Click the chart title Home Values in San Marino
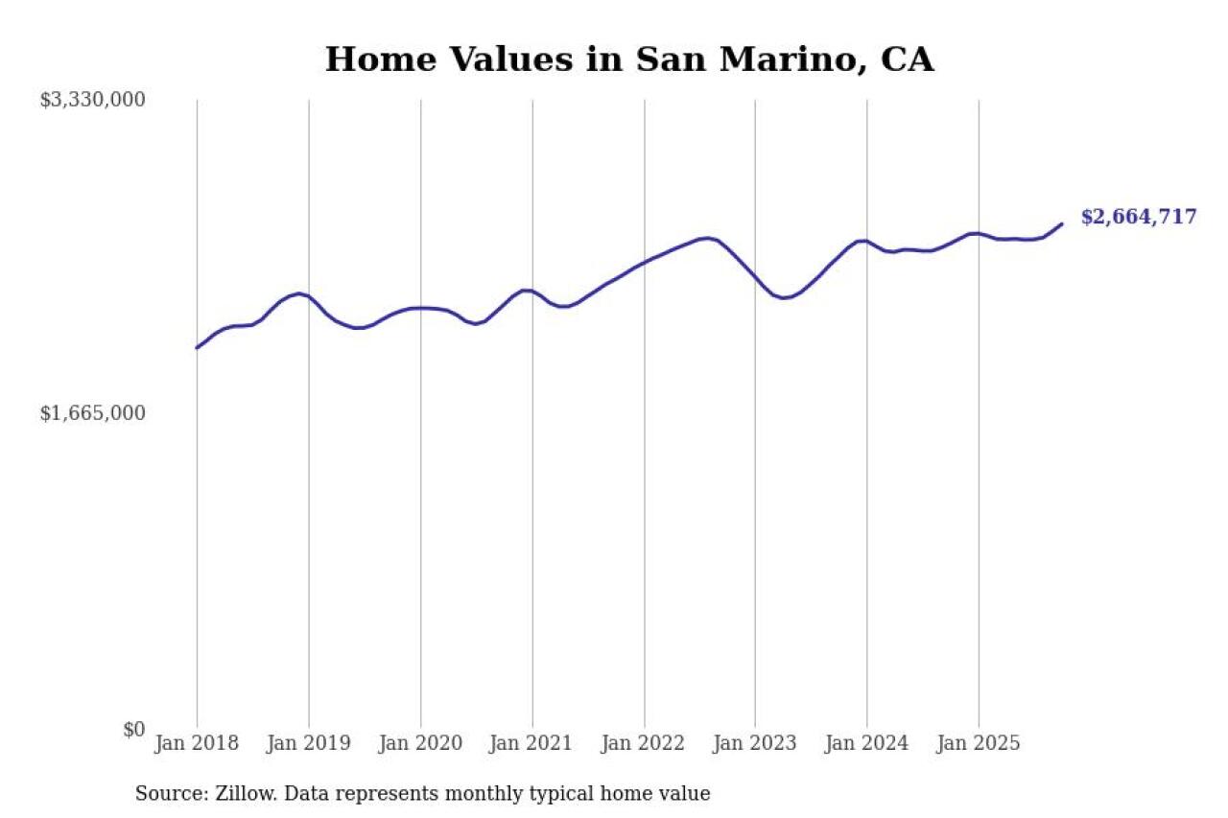pyautogui.click(x=628, y=59)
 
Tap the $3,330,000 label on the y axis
pyautogui.click(x=92, y=99)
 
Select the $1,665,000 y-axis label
pyautogui.click(x=92, y=413)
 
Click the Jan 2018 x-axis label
pyautogui.click(x=197, y=743)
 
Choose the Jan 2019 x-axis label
pyautogui.click(x=309, y=743)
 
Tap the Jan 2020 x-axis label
pyautogui.click(x=420, y=743)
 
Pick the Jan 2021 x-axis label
pyautogui.click(x=532, y=743)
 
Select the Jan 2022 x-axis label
pyautogui.click(x=644, y=743)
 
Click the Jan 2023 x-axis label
pyautogui.click(x=755, y=743)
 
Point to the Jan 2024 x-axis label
pyautogui.click(x=867, y=743)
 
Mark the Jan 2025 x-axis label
pyautogui.click(x=979, y=743)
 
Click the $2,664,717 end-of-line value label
pyautogui.click(x=1139, y=217)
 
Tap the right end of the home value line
pyautogui.click(x=1062, y=223)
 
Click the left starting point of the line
pyautogui.click(x=197, y=348)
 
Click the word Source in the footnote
pyautogui.click(x=164, y=794)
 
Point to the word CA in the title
pyautogui.click(x=908, y=59)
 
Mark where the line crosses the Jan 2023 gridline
pyautogui.click(x=755, y=277)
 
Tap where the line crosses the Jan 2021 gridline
pyautogui.click(x=532, y=291)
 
